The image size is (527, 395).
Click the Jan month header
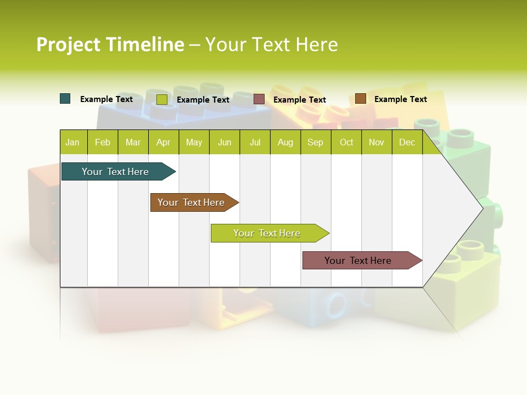(x=73, y=142)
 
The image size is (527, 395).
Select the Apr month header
(x=164, y=142)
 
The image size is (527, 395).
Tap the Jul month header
(x=255, y=142)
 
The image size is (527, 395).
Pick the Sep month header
(x=315, y=142)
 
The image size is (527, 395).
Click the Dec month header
(x=407, y=142)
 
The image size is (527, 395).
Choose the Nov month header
(x=376, y=142)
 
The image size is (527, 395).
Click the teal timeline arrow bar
(x=116, y=172)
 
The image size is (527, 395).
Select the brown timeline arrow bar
(x=192, y=202)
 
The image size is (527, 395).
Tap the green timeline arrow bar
(x=267, y=233)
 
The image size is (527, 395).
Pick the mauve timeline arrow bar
(x=358, y=261)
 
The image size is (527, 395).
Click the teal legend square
(x=65, y=99)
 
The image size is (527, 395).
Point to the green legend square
(x=161, y=99)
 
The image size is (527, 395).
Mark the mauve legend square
(x=259, y=99)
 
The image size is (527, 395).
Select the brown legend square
(x=360, y=99)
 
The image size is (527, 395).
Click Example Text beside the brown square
(x=400, y=99)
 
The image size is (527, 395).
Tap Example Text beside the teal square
(x=106, y=99)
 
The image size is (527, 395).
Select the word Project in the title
(x=68, y=44)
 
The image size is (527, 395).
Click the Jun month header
(x=225, y=142)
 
